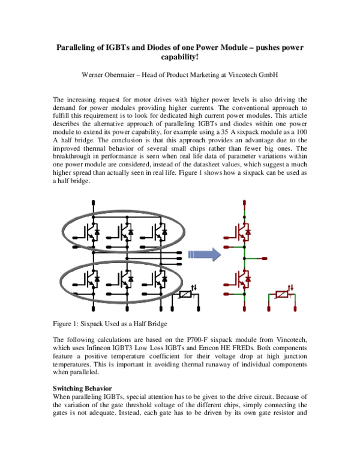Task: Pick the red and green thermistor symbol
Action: click(285, 295)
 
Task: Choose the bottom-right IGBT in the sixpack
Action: click(158, 278)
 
